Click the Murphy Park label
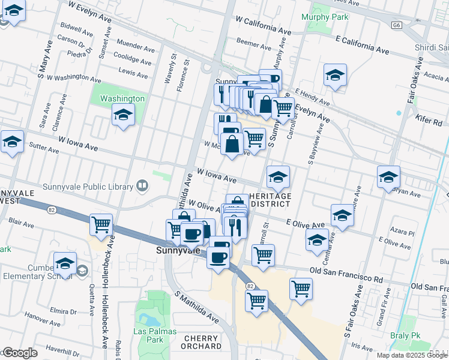(x=325, y=17)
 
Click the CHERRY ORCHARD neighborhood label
(x=202, y=342)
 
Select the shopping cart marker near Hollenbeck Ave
(x=101, y=225)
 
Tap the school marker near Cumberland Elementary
(x=65, y=263)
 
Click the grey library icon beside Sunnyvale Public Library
(x=142, y=186)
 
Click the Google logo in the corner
(x=20, y=353)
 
